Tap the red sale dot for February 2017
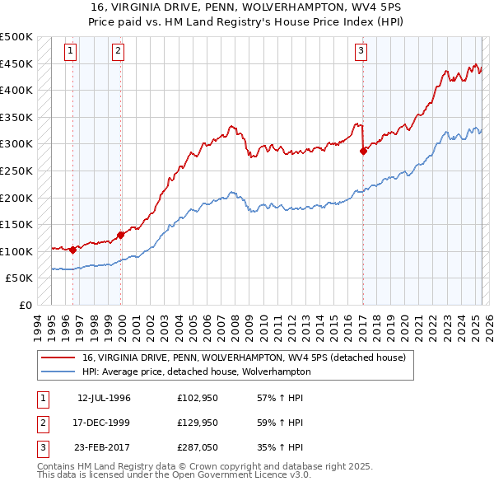click(363, 151)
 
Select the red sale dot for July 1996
click(72, 250)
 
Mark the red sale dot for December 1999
click(121, 235)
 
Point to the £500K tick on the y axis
click(17, 37)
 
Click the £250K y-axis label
click(17, 171)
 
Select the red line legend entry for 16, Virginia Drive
click(244, 358)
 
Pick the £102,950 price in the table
click(196, 398)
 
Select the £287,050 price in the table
click(196, 447)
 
